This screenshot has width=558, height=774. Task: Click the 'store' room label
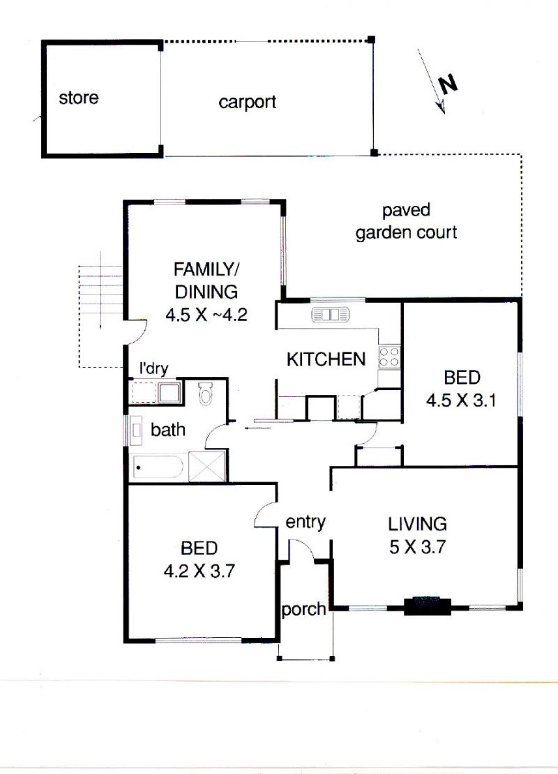coord(78,98)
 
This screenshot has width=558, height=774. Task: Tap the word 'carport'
coord(247,102)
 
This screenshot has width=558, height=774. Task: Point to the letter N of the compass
coord(448,84)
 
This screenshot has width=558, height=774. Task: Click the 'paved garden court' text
coord(406,221)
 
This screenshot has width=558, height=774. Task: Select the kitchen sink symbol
coord(330,315)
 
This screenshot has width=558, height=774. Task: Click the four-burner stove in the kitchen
coord(389,357)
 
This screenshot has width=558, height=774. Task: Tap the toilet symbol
coord(205,394)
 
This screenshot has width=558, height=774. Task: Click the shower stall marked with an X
coord(207,466)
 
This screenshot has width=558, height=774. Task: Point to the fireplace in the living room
coord(428,606)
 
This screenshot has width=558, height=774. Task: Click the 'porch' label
coord(303,610)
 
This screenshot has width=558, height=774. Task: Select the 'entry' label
coord(306,522)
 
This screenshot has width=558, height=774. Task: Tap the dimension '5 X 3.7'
coord(417,547)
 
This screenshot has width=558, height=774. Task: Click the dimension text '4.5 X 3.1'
coord(461,400)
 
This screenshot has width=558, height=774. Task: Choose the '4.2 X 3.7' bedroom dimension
coord(199,571)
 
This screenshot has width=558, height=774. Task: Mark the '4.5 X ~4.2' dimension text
coord(206,315)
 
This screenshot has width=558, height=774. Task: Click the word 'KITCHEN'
coord(326,359)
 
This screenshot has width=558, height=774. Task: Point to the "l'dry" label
coord(154,369)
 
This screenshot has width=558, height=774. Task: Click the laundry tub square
coord(169,393)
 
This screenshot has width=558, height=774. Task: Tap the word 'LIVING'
coord(417,523)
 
